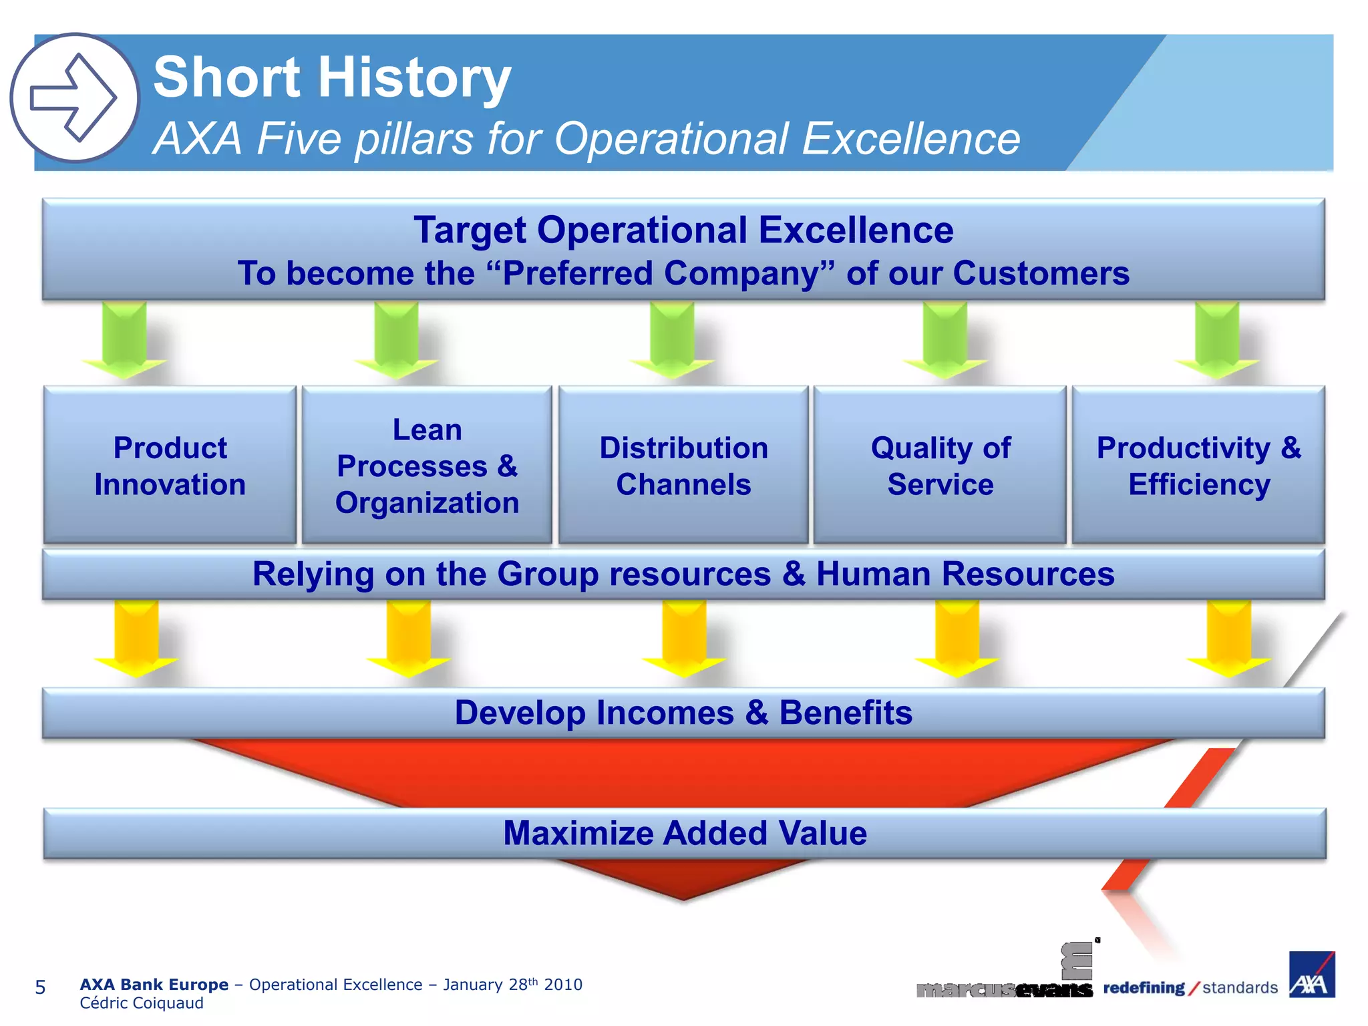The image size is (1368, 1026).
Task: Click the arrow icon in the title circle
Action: (x=74, y=98)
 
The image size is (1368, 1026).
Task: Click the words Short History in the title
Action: (x=332, y=77)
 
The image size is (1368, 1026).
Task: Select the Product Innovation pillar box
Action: (x=170, y=466)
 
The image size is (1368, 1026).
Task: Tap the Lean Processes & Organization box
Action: (x=427, y=466)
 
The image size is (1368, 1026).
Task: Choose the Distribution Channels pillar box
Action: (x=683, y=466)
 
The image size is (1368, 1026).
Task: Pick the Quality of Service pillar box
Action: (x=940, y=466)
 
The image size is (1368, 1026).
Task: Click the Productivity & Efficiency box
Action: (x=1198, y=466)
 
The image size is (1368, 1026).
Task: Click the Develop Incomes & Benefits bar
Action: (x=683, y=713)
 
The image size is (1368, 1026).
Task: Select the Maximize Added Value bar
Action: (x=685, y=834)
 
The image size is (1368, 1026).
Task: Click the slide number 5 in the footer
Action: (x=40, y=987)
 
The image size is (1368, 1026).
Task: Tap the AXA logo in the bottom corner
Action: (x=1311, y=975)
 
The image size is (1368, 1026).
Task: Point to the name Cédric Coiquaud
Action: (x=142, y=1003)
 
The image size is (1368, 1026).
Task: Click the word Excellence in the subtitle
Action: (x=910, y=139)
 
